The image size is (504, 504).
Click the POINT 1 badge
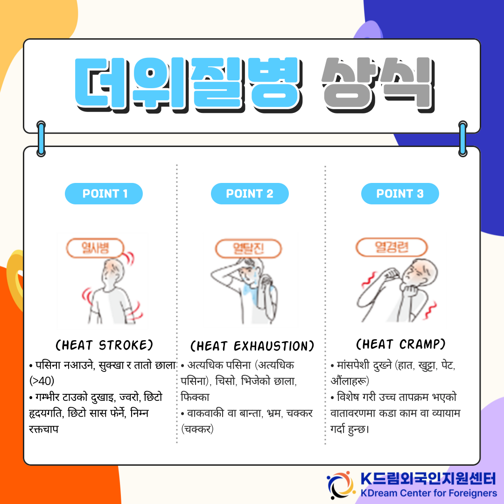104,194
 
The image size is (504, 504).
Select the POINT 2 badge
250,194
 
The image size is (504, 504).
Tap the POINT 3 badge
400,194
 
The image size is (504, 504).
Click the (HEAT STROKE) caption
104,345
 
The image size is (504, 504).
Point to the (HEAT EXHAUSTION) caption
252,346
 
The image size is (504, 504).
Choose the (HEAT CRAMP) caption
400,344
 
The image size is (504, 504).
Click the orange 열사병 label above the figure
95,248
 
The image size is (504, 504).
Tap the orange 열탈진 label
248,248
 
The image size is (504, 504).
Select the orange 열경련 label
392,247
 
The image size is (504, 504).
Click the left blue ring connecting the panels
41,139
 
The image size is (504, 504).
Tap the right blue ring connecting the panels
463,139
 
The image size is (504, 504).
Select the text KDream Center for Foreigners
429,493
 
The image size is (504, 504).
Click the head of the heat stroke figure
112,272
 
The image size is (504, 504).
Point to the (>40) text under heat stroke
42,381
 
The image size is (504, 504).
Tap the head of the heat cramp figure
420,272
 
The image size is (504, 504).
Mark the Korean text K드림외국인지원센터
429,479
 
